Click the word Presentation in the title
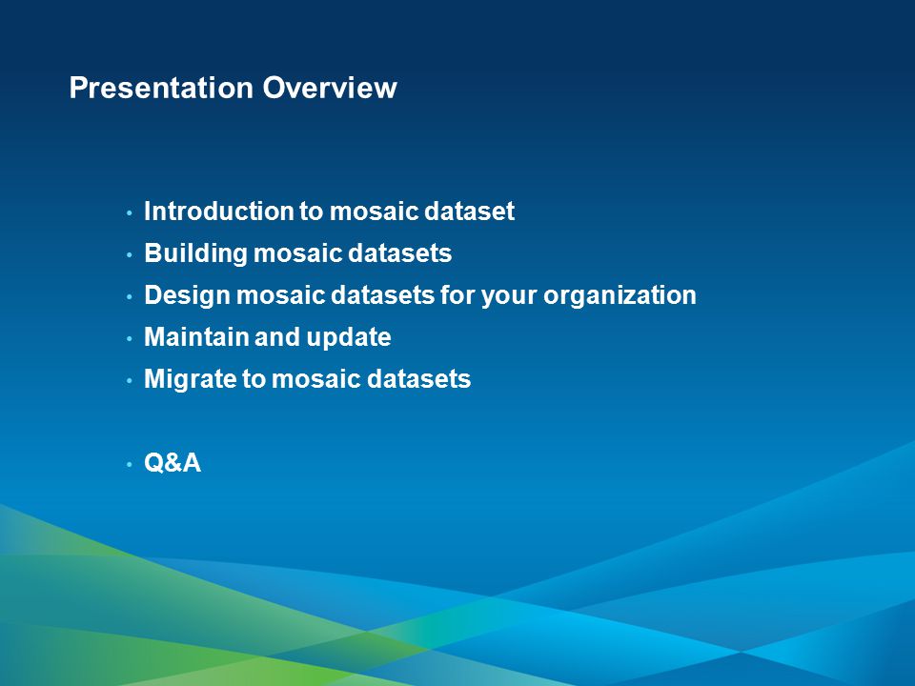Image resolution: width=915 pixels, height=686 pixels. coord(161,88)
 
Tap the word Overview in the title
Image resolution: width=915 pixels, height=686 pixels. coord(330,88)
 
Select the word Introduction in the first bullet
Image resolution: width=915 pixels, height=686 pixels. coord(219,212)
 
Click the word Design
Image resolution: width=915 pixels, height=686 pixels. coord(187,295)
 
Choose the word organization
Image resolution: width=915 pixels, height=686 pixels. coord(620,295)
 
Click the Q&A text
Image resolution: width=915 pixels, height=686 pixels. coord(173,463)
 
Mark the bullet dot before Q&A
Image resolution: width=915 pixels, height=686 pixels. coord(129,464)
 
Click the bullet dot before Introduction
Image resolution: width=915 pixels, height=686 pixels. coord(129,212)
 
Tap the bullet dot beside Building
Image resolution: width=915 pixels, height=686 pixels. coord(129,255)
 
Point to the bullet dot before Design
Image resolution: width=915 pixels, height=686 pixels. coord(129,297)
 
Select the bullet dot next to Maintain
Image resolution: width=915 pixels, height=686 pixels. coord(129,338)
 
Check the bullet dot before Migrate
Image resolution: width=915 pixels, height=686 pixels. coord(129,380)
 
